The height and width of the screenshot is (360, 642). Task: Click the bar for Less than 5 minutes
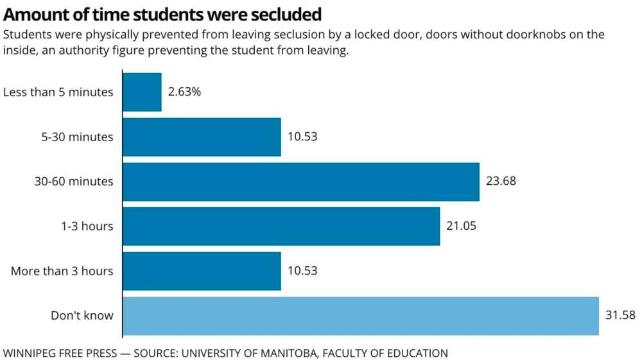pyautogui.click(x=142, y=92)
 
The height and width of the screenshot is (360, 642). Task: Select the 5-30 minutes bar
pyautogui.click(x=202, y=137)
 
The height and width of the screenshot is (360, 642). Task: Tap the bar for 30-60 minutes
pyautogui.click(x=300, y=182)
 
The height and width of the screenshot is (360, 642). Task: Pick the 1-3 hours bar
pyautogui.click(x=281, y=226)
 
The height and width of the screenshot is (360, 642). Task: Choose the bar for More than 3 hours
pyautogui.click(x=202, y=271)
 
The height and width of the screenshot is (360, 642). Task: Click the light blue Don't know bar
pyautogui.click(x=360, y=316)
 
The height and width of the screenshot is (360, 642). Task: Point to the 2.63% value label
pyautogui.click(x=185, y=92)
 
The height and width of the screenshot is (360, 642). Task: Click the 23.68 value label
pyautogui.click(x=501, y=182)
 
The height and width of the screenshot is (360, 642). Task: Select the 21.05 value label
pyautogui.click(x=461, y=226)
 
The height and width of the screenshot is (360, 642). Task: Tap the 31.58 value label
pyautogui.click(x=620, y=316)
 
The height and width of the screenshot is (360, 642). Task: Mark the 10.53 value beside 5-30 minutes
pyautogui.click(x=302, y=137)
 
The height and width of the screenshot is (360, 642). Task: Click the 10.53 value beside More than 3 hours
pyautogui.click(x=302, y=271)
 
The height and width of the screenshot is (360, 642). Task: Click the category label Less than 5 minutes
pyautogui.click(x=58, y=92)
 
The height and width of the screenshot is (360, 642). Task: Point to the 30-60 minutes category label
pyautogui.click(x=74, y=182)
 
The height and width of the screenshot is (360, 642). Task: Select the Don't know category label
pyautogui.click(x=82, y=316)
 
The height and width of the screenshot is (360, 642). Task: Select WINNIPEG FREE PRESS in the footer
pyautogui.click(x=59, y=353)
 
